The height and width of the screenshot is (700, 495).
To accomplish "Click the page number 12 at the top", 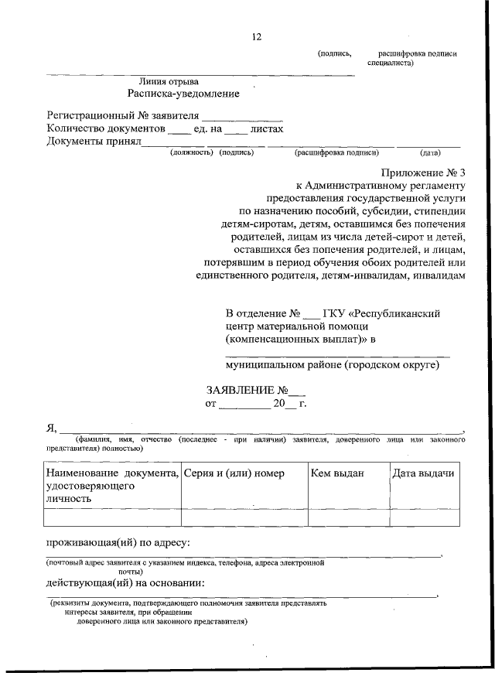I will click(x=257, y=36).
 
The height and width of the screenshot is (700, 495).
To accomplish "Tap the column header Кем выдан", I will click(x=336, y=473).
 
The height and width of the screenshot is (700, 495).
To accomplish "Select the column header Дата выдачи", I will click(x=422, y=473).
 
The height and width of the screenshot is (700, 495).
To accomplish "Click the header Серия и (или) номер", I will click(x=234, y=473).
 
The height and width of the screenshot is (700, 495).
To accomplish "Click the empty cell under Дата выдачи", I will click(x=422, y=517).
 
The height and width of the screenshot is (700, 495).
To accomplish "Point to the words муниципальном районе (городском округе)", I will click(x=333, y=365).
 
